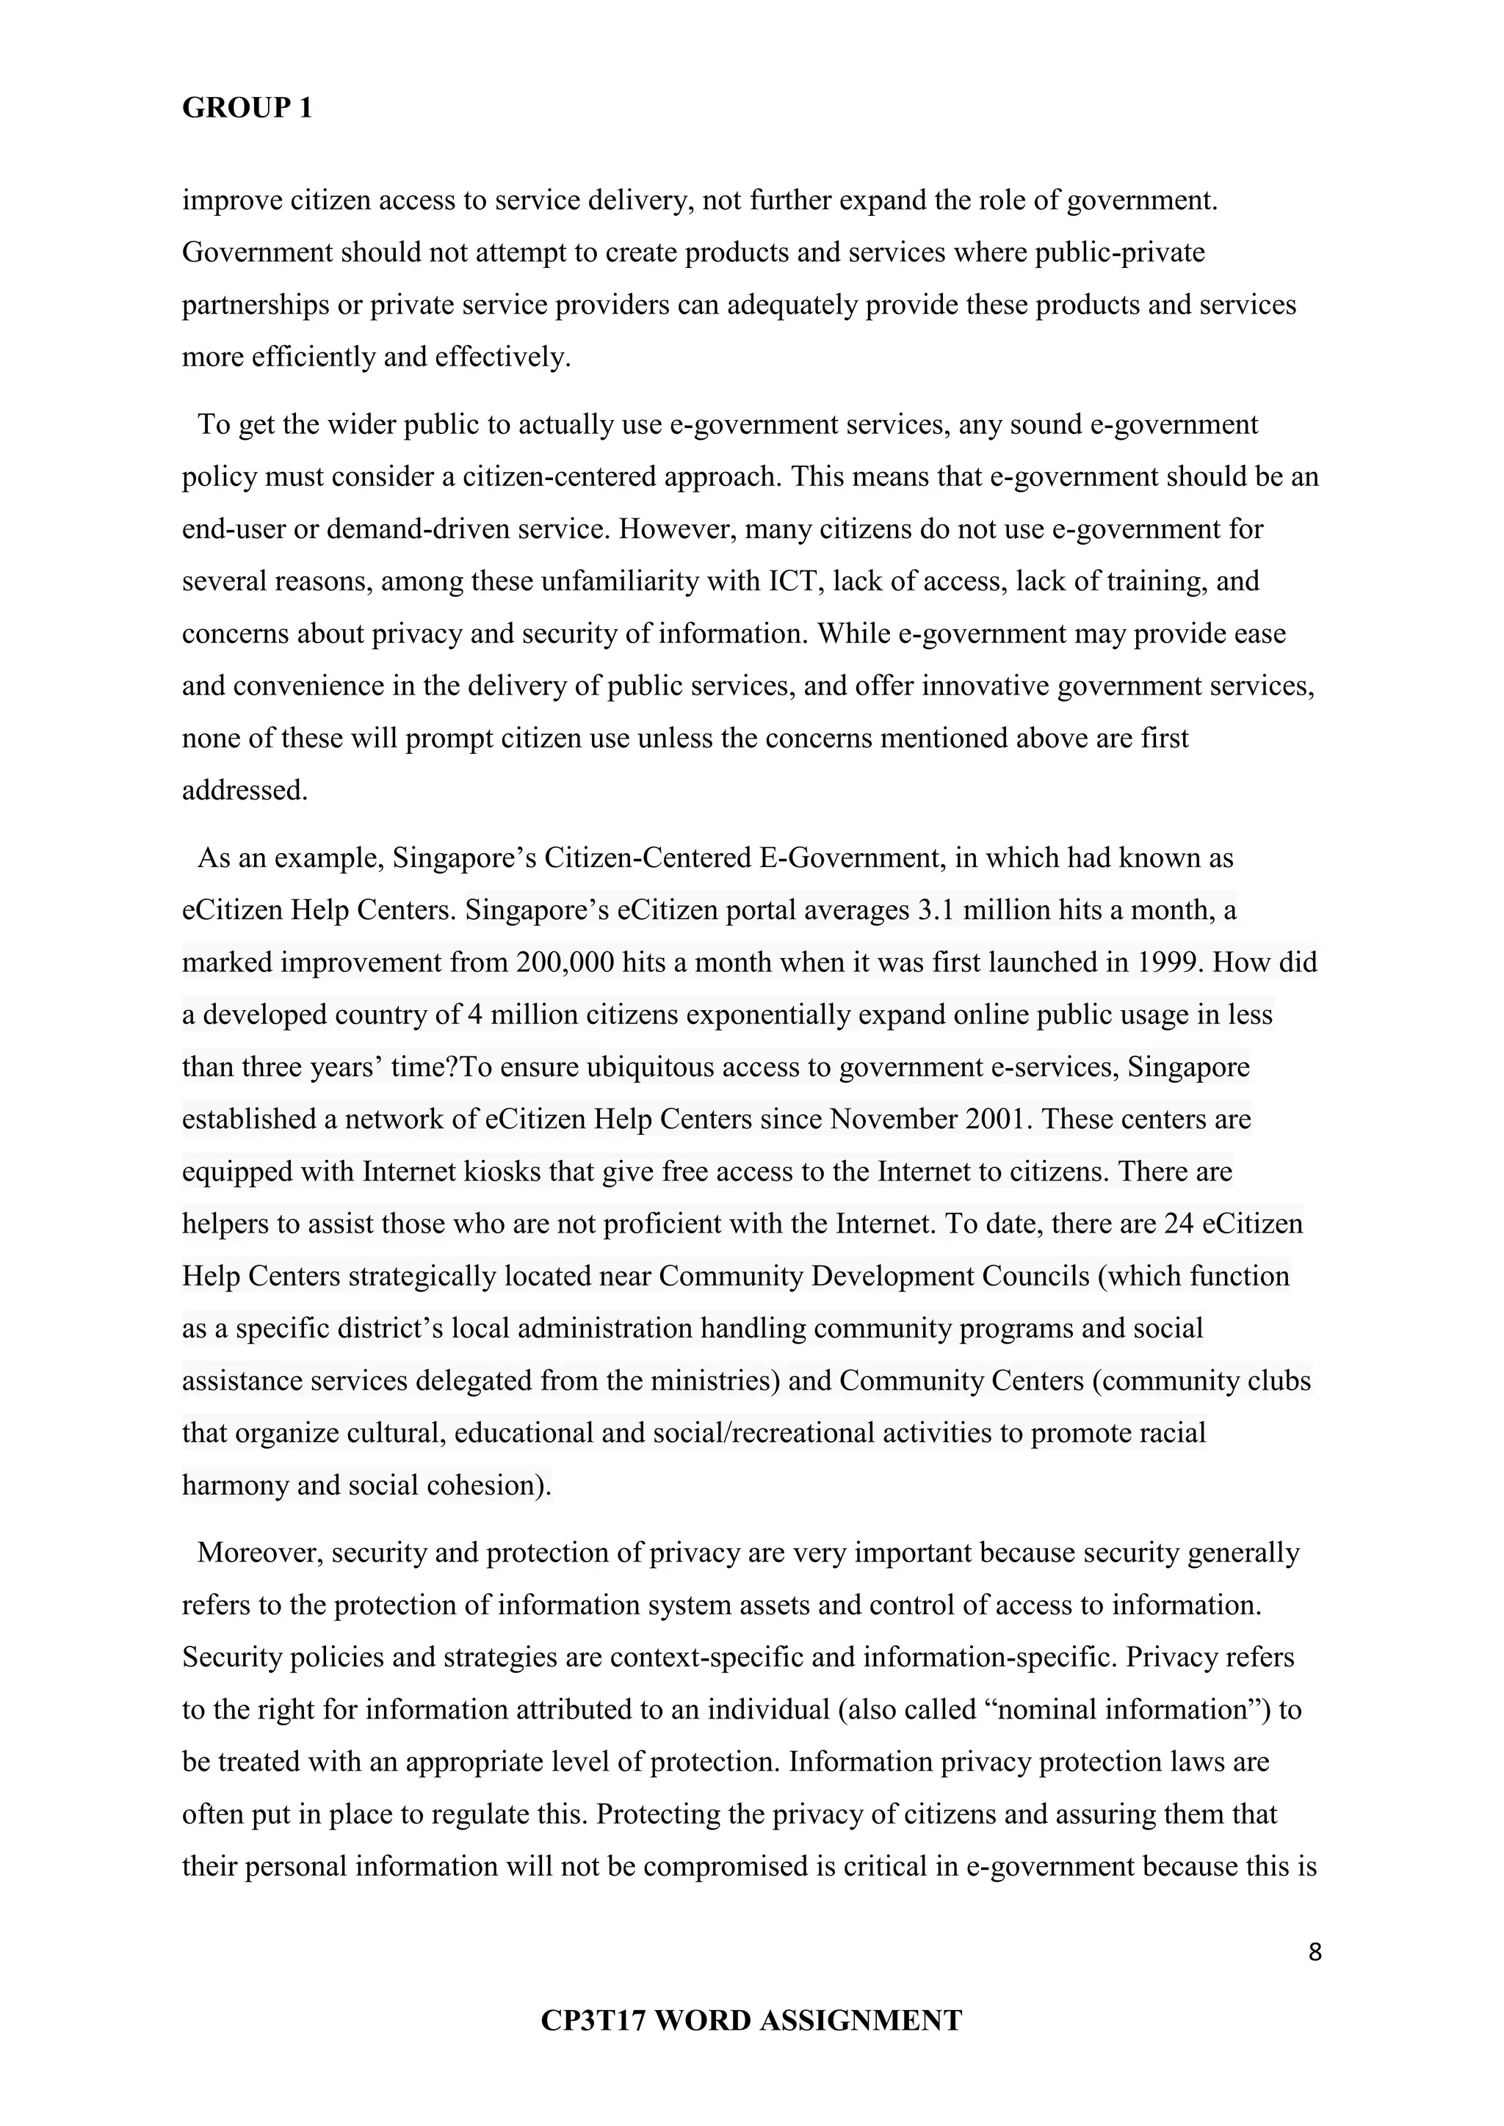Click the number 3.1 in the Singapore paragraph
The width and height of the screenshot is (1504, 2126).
(x=936, y=911)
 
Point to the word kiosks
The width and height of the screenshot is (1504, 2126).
(x=502, y=1172)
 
